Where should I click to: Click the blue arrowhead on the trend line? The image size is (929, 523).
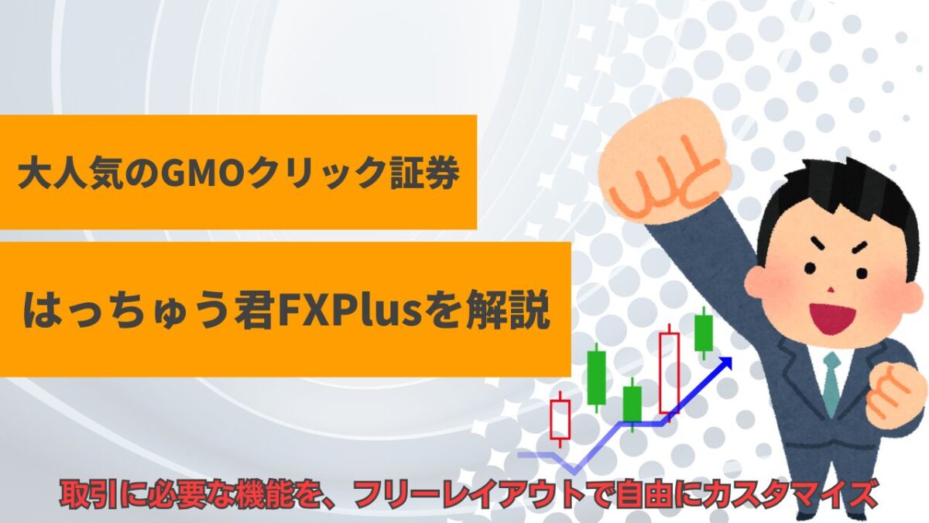click(724, 363)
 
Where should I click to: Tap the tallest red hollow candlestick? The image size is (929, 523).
click(670, 373)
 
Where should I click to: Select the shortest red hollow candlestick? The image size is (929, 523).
click(560, 419)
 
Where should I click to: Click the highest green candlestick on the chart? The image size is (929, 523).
click(704, 333)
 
